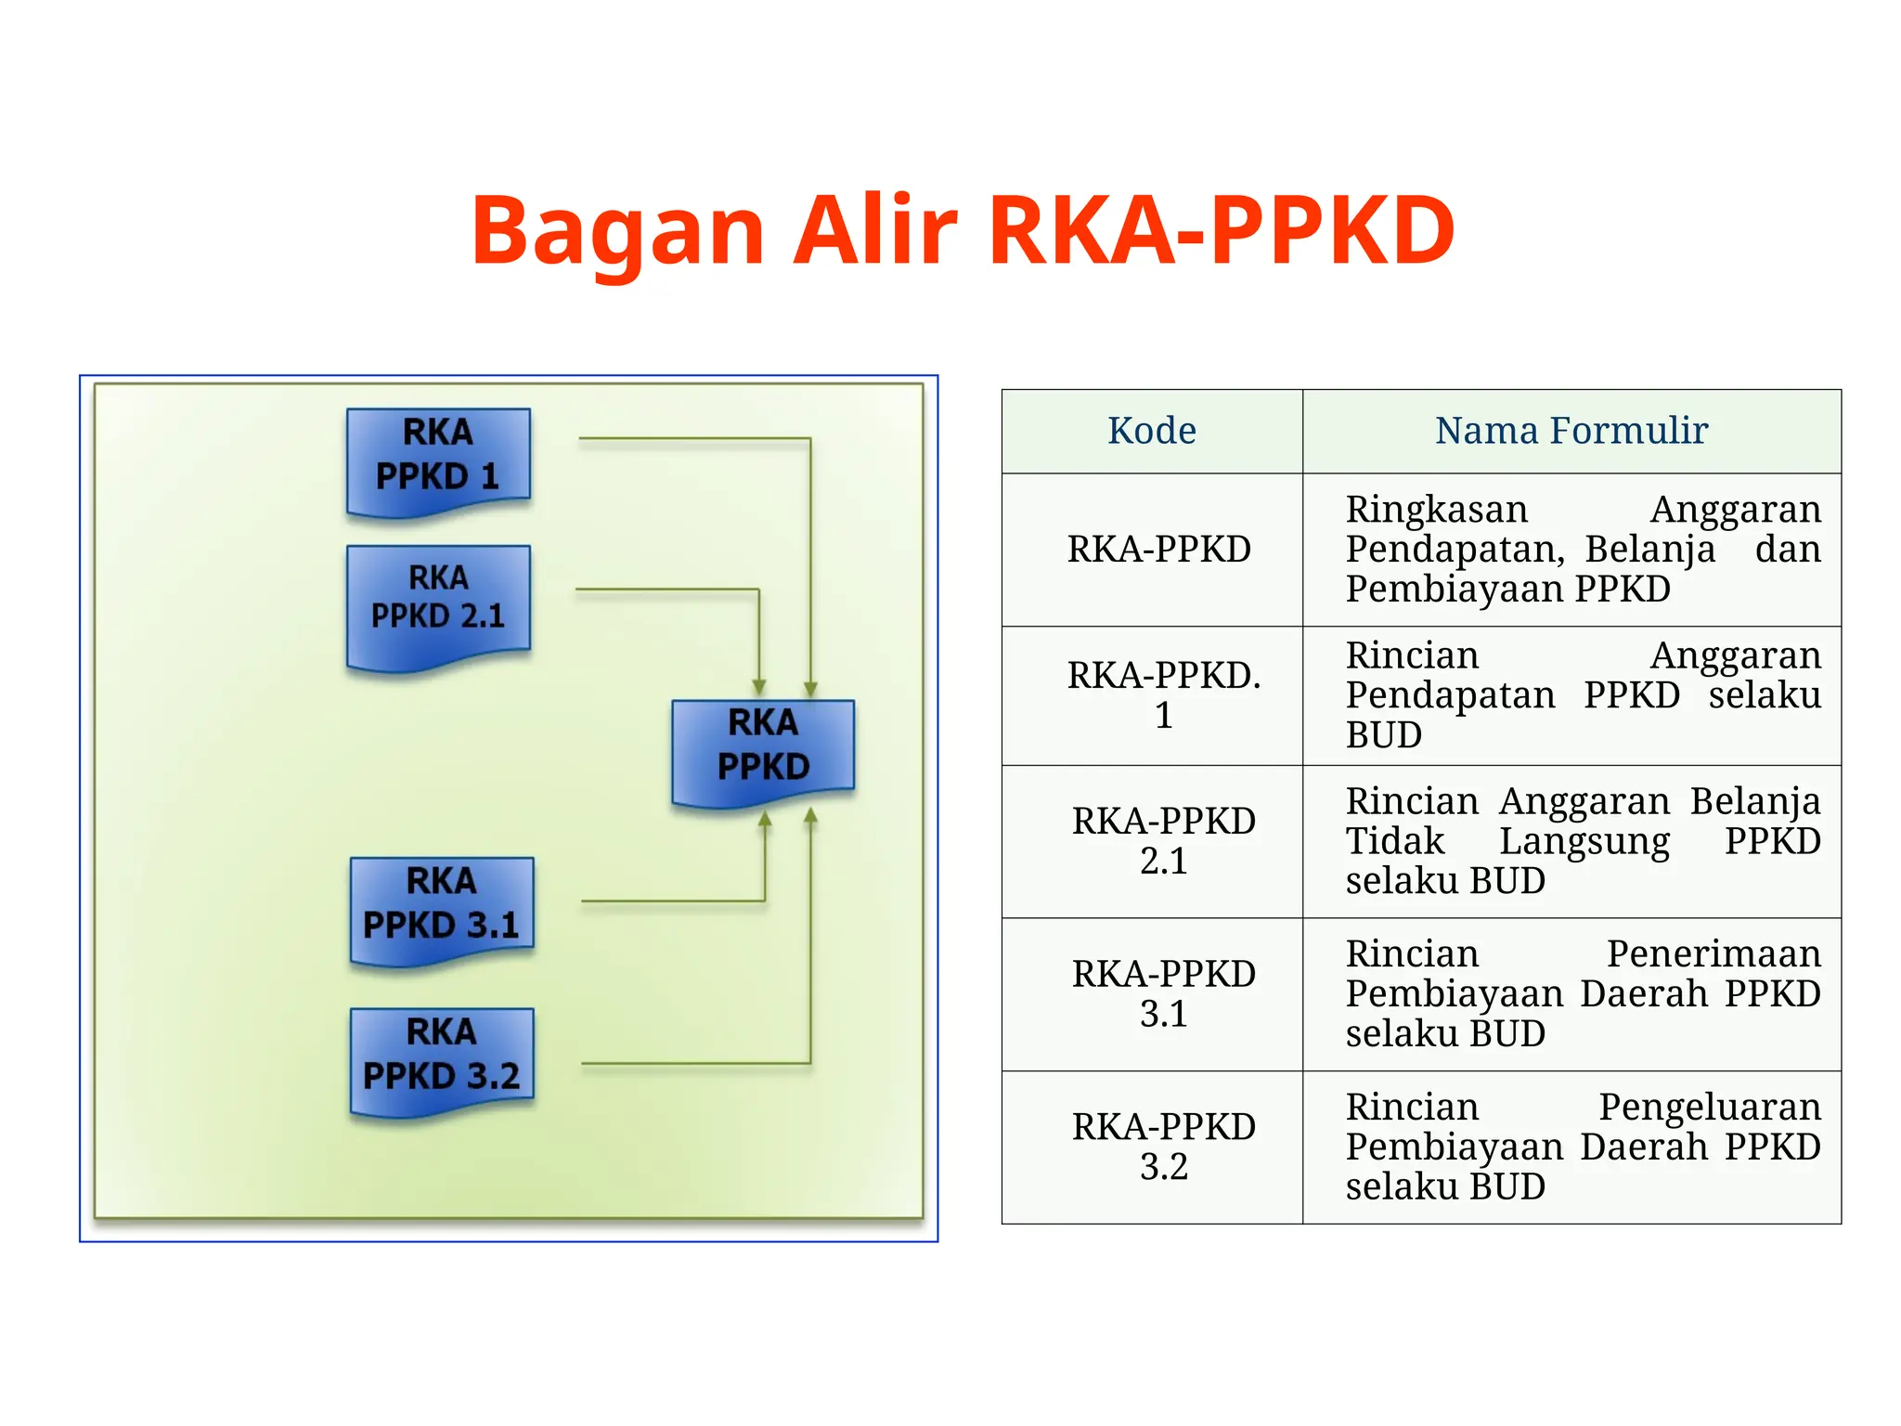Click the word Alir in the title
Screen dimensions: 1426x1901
point(874,230)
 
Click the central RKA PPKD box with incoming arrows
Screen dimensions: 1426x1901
point(763,749)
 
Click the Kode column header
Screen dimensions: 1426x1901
point(1151,431)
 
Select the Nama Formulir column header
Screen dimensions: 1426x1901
point(1571,431)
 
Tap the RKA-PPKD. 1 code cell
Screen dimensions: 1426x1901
point(1163,695)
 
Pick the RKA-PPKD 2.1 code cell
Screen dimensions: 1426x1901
point(1163,841)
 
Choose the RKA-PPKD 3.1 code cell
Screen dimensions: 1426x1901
point(1163,993)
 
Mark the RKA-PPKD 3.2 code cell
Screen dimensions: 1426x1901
point(1163,1147)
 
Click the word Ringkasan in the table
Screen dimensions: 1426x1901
point(1436,510)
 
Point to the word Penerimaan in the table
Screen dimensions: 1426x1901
point(1713,954)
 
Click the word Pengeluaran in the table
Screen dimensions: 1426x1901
point(1709,1108)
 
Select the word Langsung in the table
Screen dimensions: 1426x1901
point(1584,842)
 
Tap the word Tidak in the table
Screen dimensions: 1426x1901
point(1395,841)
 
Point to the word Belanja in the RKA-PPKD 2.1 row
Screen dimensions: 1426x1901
point(1754,801)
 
